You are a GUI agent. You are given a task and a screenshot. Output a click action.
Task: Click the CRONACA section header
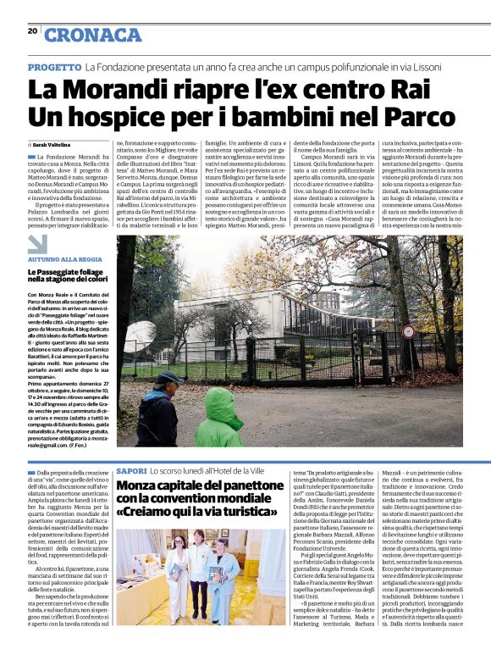pos(93,34)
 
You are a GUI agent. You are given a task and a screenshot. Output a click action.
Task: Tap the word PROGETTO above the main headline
pos(54,66)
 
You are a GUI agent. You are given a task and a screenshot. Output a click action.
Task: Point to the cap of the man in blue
pos(169,377)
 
